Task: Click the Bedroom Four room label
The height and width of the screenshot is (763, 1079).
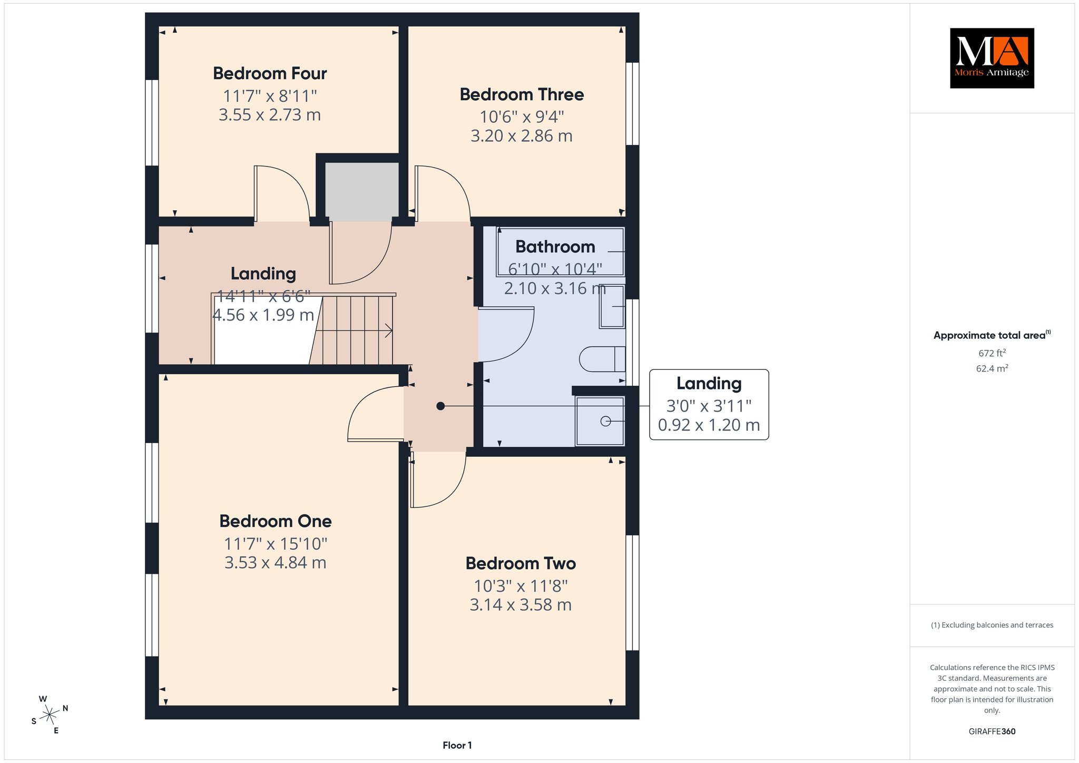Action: [x=270, y=73]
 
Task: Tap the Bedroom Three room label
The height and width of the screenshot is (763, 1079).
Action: [x=522, y=94]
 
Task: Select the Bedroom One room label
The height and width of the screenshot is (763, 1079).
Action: [x=276, y=521]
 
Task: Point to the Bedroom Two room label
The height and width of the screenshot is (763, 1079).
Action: [x=521, y=563]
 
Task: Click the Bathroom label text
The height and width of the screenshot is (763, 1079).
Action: [x=555, y=247]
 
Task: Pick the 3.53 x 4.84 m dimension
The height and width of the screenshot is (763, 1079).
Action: [x=276, y=563]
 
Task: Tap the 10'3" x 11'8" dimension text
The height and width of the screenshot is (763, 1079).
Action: [x=521, y=586]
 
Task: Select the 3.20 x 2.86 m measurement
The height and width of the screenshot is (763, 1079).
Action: [x=522, y=136]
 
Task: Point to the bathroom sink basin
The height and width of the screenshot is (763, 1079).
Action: [x=612, y=306]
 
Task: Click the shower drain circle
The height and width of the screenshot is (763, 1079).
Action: [x=605, y=421]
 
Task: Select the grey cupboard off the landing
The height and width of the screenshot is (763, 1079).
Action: [x=361, y=192]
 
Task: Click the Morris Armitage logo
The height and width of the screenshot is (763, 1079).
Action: [x=992, y=58]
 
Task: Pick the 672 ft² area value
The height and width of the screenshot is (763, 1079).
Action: [x=992, y=353]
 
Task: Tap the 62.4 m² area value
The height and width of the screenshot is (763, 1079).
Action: [x=992, y=368]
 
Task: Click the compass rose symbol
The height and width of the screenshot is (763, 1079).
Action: [x=50, y=715]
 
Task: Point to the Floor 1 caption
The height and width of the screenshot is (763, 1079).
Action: [x=457, y=745]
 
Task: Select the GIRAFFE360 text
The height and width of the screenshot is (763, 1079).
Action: [x=992, y=731]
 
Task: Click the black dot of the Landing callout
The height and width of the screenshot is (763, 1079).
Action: [x=440, y=406]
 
